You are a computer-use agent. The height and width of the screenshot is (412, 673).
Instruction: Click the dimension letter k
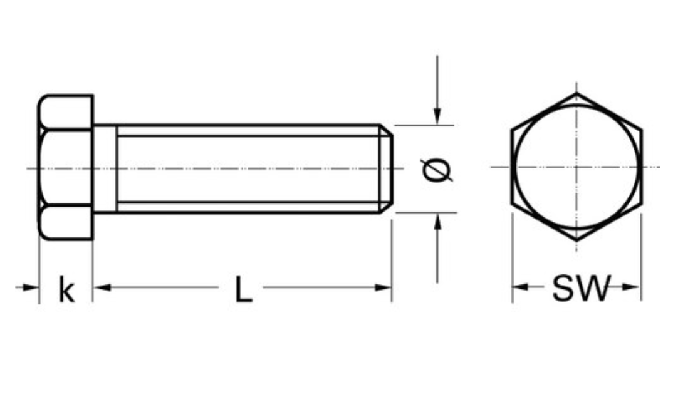66,289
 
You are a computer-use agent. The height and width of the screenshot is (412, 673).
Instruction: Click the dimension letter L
243,289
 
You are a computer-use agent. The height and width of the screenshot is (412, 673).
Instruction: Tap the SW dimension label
580,288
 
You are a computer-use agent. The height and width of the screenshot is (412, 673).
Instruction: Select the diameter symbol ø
436,170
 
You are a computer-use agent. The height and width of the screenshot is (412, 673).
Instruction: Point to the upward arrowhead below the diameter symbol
437,221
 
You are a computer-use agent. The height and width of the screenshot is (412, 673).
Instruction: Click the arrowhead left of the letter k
32,287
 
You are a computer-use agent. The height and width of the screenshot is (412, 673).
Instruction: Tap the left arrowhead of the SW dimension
519,287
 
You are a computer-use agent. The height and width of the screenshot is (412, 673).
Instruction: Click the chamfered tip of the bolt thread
387,168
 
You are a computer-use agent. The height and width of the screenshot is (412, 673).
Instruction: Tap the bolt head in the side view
65,168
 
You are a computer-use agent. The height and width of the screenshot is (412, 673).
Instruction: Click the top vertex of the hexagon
576,93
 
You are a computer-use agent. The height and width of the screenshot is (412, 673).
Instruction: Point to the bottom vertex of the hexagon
576,241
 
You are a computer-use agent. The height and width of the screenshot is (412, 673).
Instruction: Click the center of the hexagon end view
576,167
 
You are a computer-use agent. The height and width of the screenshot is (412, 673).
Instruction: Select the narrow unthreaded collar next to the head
105,168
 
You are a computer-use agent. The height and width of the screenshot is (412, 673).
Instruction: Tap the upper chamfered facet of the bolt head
65,112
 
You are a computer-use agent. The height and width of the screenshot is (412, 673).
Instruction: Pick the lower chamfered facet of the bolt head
65,222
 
